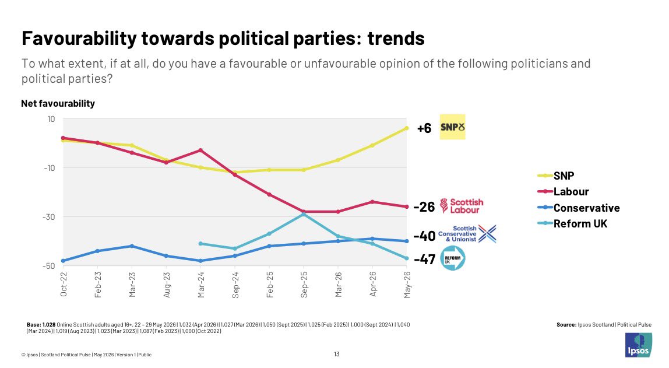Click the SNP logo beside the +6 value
pyautogui.click(x=452, y=127)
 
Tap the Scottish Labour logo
pyautogui.click(x=462, y=206)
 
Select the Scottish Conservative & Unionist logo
pyautogui.click(x=467, y=234)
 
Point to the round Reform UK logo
pyautogui.click(x=452, y=258)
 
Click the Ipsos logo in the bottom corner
pyautogui.click(x=639, y=345)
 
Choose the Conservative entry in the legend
pyautogui.click(x=579, y=208)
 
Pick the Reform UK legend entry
pyautogui.click(x=572, y=224)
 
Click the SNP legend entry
pyautogui.click(x=556, y=176)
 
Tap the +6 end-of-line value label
pyautogui.click(x=424, y=128)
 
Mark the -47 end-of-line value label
pyautogui.click(x=424, y=259)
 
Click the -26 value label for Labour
pyautogui.click(x=424, y=207)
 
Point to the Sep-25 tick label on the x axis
pyautogui.click(x=304, y=285)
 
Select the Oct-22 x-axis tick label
pyautogui.click(x=64, y=285)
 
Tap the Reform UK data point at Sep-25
pyautogui.click(x=304, y=214)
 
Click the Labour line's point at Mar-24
pyautogui.click(x=200, y=150)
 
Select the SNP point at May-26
pyautogui.click(x=407, y=128)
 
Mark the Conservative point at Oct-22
pyautogui.click(x=63, y=261)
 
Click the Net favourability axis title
pyautogui.click(x=58, y=103)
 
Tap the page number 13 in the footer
pyautogui.click(x=337, y=354)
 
